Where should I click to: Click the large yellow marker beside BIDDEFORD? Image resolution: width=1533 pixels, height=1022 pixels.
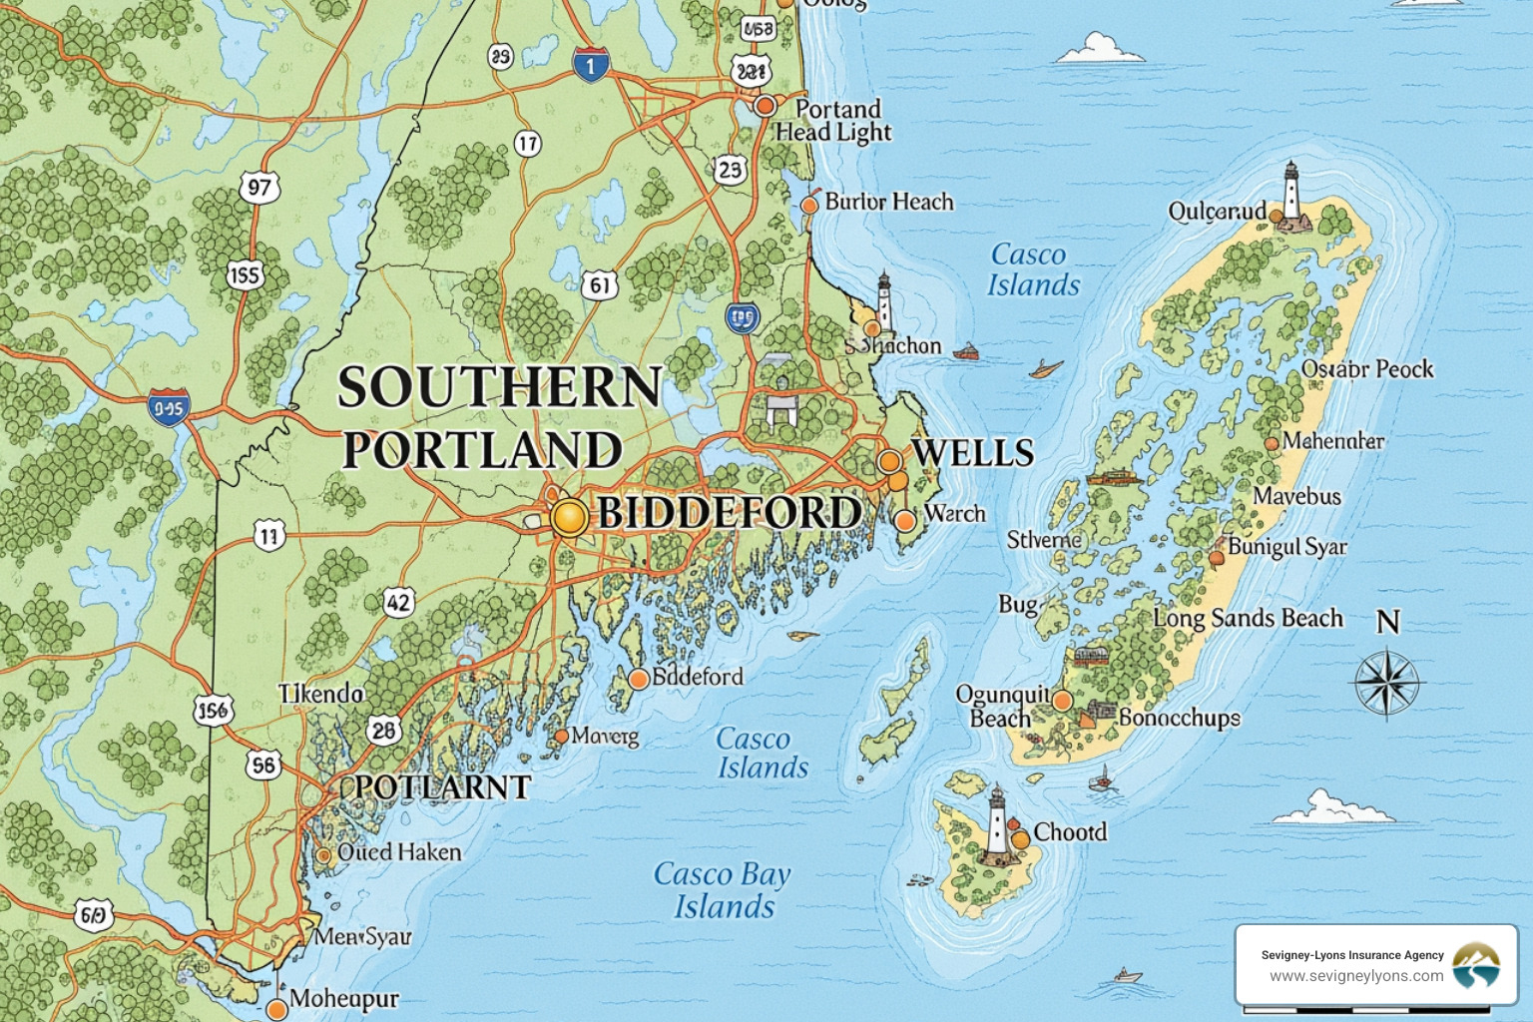click(x=568, y=517)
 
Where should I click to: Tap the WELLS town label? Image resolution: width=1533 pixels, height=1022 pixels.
click(x=972, y=453)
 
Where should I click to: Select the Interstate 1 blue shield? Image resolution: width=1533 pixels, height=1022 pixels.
click(x=590, y=66)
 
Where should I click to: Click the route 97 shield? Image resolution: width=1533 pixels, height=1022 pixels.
click(x=259, y=187)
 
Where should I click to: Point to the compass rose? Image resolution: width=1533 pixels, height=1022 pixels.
click(x=1387, y=684)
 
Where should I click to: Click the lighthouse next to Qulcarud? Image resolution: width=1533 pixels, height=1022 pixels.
click(x=1292, y=196)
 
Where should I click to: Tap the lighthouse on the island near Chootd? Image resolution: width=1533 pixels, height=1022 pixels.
click(x=996, y=823)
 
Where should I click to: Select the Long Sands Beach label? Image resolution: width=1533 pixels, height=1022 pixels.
click(x=1248, y=619)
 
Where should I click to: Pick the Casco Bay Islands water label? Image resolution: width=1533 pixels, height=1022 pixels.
click(x=722, y=890)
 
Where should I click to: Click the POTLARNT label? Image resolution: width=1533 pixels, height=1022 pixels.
click(x=442, y=787)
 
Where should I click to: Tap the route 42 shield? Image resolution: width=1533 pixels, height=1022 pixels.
click(x=398, y=602)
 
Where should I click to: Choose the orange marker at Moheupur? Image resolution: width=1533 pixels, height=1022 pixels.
click(x=277, y=1009)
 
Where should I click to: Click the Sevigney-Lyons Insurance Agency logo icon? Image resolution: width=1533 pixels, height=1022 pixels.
click(x=1476, y=965)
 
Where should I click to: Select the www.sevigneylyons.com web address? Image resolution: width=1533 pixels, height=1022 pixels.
click(x=1355, y=976)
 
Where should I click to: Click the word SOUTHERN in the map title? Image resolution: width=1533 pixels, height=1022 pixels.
click(x=499, y=387)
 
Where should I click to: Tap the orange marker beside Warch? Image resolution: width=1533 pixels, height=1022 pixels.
click(x=905, y=520)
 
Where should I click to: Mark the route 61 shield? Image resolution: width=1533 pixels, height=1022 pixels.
click(x=599, y=286)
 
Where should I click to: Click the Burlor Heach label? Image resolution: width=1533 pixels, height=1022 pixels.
click(x=888, y=202)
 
